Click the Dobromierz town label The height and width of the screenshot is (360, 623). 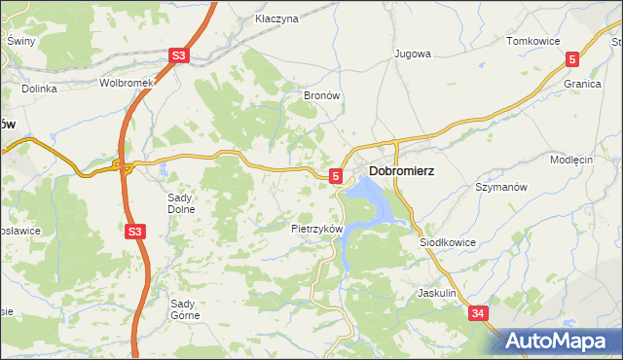(x=401, y=171)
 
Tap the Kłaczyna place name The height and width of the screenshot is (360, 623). (x=275, y=18)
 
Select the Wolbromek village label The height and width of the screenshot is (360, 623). (x=128, y=83)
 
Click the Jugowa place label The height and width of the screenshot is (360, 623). (x=412, y=54)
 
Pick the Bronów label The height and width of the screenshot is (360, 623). (x=321, y=96)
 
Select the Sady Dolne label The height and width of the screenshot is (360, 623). (x=182, y=202)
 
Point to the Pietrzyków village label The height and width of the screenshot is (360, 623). (x=317, y=229)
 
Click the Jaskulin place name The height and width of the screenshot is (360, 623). (x=437, y=292)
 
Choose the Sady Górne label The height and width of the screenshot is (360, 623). (x=185, y=308)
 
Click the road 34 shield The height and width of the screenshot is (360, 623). (x=478, y=313)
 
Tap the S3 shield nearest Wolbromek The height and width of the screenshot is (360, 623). (x=177, y=57)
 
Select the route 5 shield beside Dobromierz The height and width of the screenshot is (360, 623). (x=336, y=176)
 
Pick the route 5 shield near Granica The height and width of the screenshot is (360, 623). (x=572, y=59)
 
